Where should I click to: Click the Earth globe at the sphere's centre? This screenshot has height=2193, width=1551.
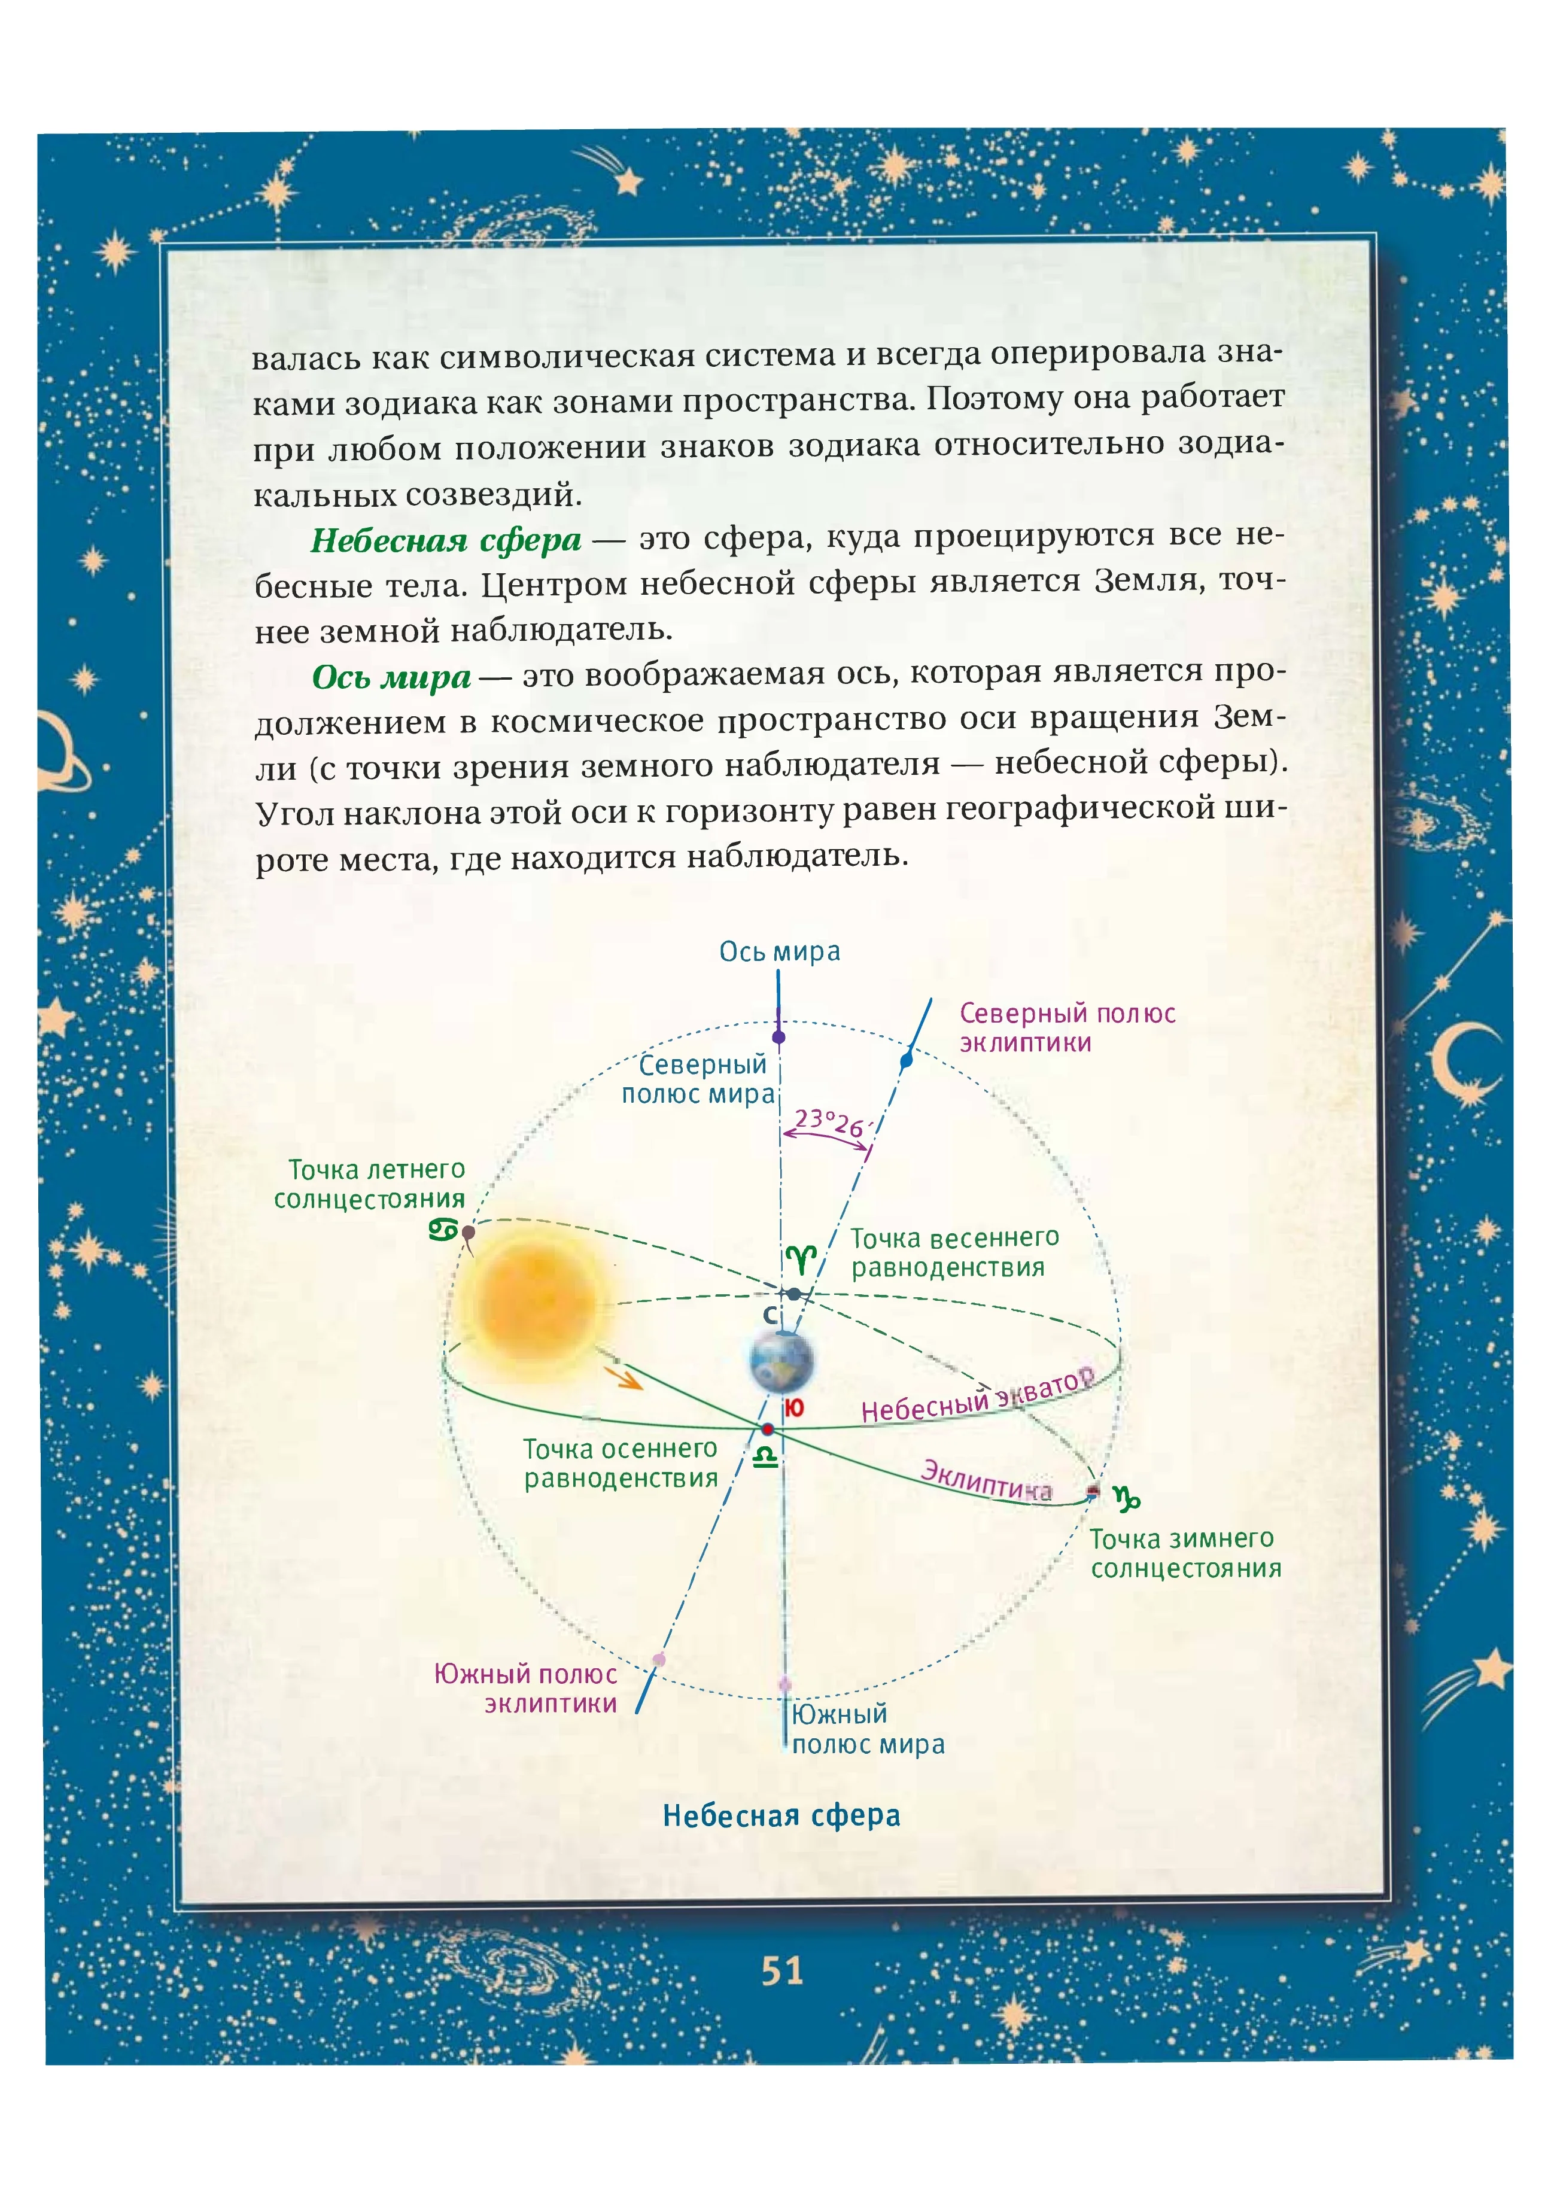click(781, 1361)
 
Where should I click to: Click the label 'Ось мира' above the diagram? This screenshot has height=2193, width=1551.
click(779, 951)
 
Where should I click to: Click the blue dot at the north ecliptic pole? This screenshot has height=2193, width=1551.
click(907, 1059)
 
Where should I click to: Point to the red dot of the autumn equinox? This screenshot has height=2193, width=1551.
click(768, 1429)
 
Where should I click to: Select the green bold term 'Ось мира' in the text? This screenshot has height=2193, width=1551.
click(391, 677)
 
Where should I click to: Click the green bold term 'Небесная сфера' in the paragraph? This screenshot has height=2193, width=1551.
click(446, 540)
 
